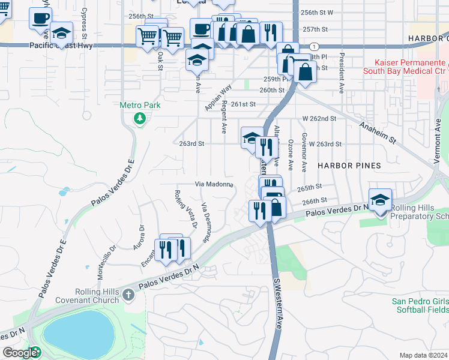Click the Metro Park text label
[140, 105]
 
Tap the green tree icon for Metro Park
[140, 118]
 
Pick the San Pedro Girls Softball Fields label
[420, 305]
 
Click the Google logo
[20, 353]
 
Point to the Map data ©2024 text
[423, 355]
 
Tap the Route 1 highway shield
[313, 46]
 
